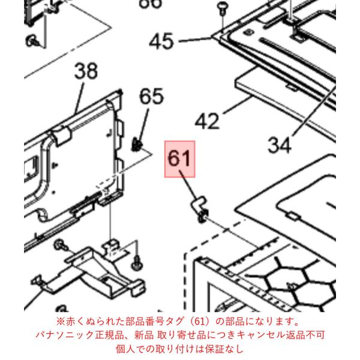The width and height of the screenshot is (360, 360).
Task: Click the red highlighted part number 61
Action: [179, 159]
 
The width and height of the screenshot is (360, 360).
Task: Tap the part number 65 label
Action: [151, 97]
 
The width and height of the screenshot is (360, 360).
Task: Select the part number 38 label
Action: [86, 71]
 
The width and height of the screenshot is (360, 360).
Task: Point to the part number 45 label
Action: [161, 41]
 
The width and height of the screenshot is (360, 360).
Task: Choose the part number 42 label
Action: [207, 121]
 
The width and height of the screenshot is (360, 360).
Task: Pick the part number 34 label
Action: [280, 145]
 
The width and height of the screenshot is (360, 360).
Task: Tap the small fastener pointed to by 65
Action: [137, 145]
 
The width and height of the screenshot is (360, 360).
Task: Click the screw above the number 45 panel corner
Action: [221, 7]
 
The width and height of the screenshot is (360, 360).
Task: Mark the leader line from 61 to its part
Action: [188, 185]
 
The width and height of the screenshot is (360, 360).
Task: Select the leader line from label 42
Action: [238, 105]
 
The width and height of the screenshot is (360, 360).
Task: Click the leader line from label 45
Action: [195, 40]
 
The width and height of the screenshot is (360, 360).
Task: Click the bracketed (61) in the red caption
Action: [199, 322]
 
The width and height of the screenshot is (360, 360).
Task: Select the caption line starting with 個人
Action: [179, 349]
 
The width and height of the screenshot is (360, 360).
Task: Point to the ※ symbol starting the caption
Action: [61, 322]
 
